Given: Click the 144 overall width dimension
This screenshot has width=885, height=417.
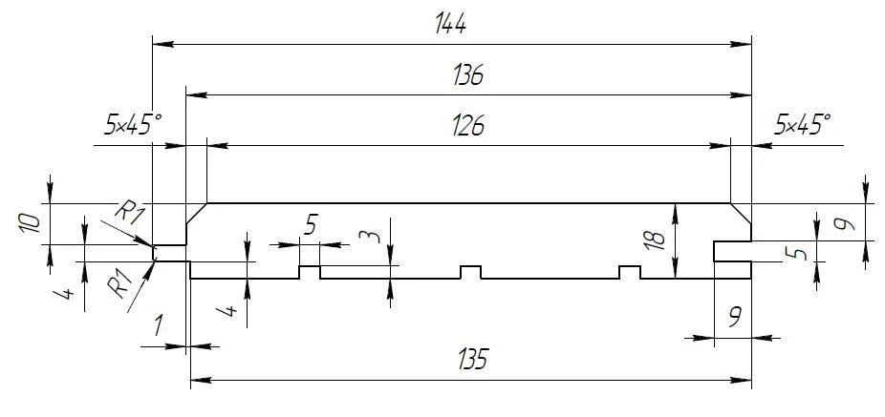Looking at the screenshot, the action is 450,24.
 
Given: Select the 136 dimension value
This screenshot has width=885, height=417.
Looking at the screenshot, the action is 468,75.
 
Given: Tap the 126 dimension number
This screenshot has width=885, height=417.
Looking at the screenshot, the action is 468,127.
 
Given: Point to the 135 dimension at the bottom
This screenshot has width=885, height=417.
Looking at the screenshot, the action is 472,359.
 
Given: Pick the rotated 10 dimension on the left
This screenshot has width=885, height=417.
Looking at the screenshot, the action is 30,223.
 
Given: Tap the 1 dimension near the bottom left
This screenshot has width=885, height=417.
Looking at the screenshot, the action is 159,325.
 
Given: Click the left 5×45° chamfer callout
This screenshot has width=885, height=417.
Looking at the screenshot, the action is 133,125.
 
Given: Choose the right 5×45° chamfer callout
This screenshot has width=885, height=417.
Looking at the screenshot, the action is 803,125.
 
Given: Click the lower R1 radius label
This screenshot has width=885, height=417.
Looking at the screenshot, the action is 120,283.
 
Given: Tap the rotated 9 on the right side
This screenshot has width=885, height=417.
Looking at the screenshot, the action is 844,224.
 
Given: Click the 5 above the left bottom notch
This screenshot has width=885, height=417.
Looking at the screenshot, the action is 311,225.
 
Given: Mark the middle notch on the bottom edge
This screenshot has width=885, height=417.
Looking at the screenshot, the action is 471,272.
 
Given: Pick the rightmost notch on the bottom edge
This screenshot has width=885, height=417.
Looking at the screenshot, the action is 629,272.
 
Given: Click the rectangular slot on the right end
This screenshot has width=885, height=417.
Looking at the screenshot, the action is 733,251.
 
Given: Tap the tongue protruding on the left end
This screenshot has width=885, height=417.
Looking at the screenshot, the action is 170,254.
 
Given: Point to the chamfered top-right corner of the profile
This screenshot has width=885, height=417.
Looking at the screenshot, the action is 741,213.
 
